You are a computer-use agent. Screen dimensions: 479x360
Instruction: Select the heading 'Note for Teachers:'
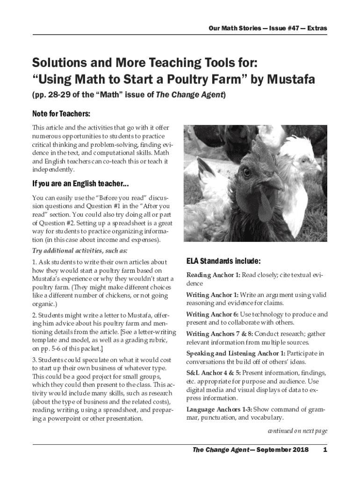click(61, 114)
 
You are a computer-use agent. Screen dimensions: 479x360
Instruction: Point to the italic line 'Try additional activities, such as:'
click(73, 250)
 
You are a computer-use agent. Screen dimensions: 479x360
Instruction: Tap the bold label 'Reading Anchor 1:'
click(213, 275)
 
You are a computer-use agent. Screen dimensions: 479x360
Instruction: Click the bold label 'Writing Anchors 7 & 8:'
click(219, 334)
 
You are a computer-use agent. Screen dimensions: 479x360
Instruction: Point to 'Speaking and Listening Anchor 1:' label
click(236, 354)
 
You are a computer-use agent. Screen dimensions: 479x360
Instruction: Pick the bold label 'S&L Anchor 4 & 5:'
click(214, 373)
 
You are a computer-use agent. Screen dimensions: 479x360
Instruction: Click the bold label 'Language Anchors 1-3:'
click(219, 409)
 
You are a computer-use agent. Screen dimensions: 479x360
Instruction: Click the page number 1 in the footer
click(324, 450)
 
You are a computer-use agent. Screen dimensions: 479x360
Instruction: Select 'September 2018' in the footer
click(282, 450)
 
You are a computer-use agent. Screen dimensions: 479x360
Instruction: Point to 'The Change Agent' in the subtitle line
click(189, 95)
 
